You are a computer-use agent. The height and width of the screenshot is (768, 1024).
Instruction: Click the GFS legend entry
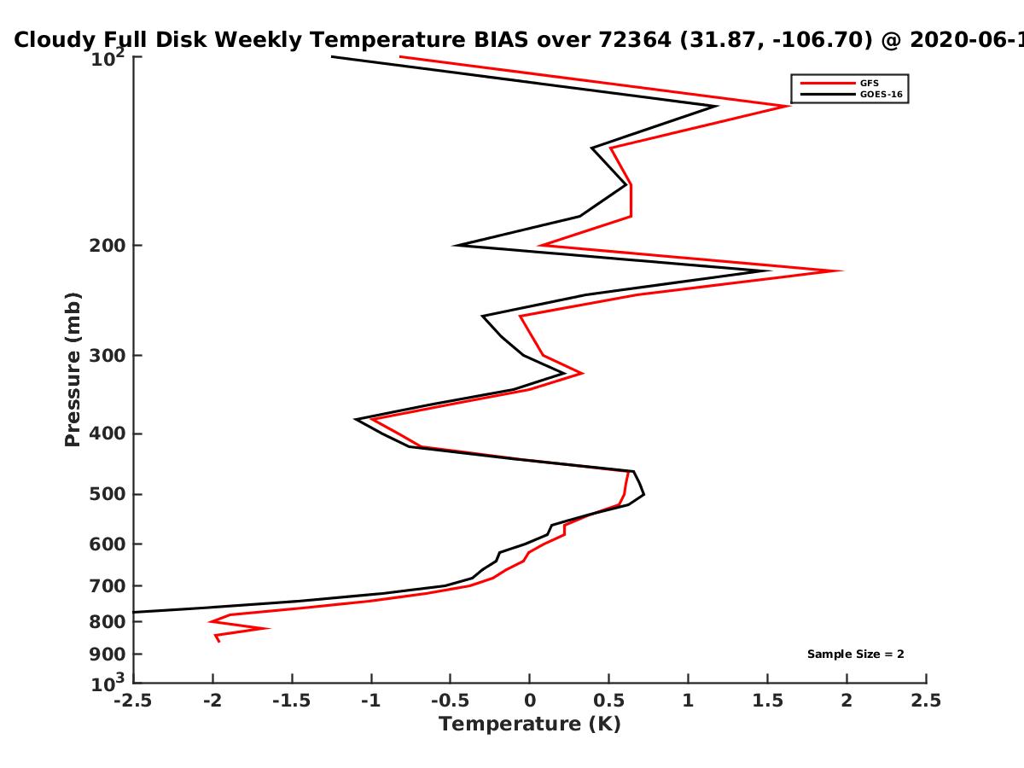[840, 83]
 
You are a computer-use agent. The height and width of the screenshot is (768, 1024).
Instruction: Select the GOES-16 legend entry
[852, 94]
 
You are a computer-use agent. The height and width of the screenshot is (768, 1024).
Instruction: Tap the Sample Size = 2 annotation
[856, 655]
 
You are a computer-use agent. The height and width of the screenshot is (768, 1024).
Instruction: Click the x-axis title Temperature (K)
[530, 724]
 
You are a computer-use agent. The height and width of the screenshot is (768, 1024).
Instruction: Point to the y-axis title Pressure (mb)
[73, 369]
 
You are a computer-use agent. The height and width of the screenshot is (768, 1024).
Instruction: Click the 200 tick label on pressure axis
[108, 245]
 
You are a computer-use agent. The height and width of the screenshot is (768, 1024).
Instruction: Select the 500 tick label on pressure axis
[108, 494]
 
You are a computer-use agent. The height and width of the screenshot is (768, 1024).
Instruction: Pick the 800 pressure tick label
[108, 622]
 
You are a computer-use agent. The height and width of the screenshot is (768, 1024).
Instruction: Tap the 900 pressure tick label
[108, 655]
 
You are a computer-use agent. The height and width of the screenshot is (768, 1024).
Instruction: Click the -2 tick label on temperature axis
[212, 701]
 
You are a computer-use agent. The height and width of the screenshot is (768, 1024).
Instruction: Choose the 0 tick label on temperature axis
[530, 701]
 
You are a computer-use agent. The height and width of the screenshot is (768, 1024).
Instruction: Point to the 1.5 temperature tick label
[768, 701]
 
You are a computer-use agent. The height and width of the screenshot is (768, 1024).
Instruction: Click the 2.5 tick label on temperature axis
[926, 701]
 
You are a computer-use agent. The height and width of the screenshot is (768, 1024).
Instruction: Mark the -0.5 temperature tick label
[451, 701]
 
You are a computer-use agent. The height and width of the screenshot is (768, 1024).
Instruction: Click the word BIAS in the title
[501, 40]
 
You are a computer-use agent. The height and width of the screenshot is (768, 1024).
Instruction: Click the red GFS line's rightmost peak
[841, 271]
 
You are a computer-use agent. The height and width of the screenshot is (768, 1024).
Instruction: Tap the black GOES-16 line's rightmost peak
[770, 271]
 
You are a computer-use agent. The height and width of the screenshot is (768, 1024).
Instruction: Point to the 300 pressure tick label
[108, 356]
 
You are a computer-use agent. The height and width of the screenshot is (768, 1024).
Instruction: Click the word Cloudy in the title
[55, 41]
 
